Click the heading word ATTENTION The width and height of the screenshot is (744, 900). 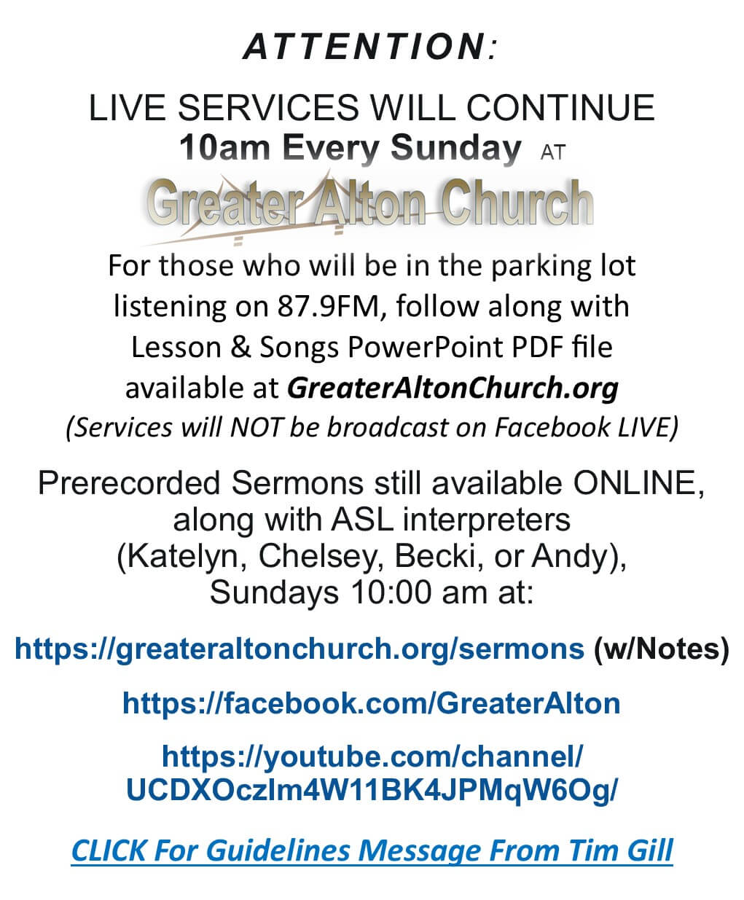coord(364,47)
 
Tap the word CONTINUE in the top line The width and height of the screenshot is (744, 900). coord(560,108)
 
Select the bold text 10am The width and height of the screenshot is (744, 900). coord(225,148)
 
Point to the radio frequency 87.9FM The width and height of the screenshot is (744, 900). coord(328,307)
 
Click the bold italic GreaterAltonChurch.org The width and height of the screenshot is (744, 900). coord(453,388)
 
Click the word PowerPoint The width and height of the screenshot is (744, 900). coord(426,347)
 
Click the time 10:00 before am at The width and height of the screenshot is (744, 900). coord(391,593)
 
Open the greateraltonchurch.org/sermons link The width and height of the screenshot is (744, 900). coord(299,649)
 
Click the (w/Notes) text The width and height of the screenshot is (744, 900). coord(661,649)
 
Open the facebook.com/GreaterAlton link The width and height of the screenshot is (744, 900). coord(372,703)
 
